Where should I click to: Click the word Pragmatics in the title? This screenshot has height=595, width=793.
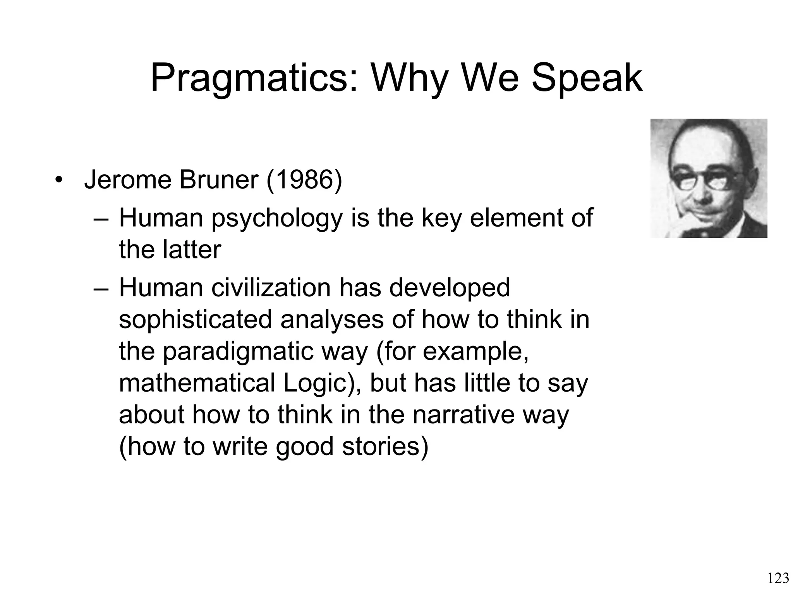pyautogui.click(x=254, y=79)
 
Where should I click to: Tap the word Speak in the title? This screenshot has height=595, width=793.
pyautogui.click(x=587, y=79)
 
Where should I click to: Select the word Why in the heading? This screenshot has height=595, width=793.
pyautogui.click(x=409, y=79)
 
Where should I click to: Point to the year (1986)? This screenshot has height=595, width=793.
pyautogui.click(x=304, y=180)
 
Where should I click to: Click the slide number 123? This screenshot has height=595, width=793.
pyautogui.click(x=778, y=578)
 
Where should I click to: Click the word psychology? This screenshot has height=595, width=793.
pyautogui.click(x=277, y=218)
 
